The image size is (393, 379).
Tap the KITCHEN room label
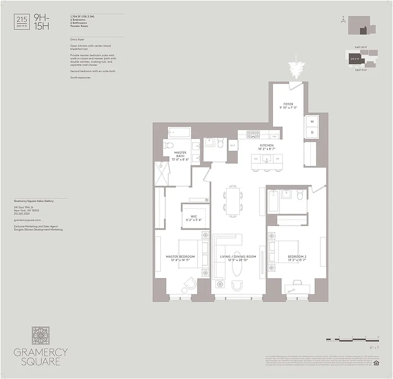pos(266,146)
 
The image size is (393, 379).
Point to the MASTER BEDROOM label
pos(180,257)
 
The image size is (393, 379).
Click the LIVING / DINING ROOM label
pos(238,257)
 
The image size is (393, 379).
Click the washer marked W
pos(312,121)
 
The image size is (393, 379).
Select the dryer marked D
pos(312,132)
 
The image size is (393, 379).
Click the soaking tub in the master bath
pos(178,132)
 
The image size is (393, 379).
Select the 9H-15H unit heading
pos(41,22)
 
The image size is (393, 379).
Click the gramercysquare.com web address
pos(28,220)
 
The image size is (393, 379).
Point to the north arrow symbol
pos(343,20)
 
